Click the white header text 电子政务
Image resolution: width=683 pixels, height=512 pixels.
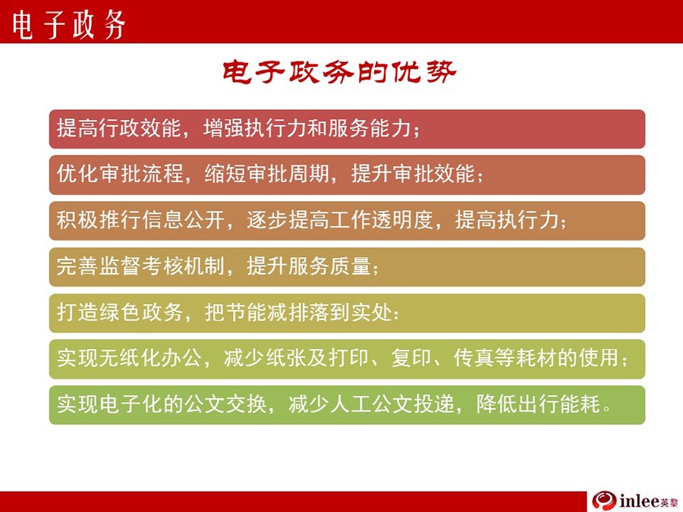pos(68,25)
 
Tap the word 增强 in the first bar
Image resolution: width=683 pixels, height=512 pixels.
pos(224,128)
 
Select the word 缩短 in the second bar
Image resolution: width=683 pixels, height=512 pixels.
pos(225,174)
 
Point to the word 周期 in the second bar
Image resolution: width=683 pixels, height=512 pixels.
pos(309,174)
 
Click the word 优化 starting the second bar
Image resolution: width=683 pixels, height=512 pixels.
pos(77,174)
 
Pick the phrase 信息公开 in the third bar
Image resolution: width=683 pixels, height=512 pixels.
pos(183,220)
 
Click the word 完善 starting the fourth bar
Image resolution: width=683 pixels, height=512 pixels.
pos(77,266)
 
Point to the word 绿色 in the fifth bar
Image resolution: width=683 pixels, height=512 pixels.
pos(120,313)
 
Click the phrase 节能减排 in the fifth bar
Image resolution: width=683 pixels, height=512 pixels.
pos(267,313)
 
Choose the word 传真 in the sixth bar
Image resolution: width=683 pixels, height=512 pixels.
pos(474,358)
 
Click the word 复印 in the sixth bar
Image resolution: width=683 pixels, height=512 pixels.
pos(411,358)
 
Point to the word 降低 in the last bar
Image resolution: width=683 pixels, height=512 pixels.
pos(497,404)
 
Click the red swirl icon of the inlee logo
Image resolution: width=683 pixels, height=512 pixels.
pos(604,501)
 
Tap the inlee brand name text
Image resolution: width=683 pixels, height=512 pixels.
pos(639,501)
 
